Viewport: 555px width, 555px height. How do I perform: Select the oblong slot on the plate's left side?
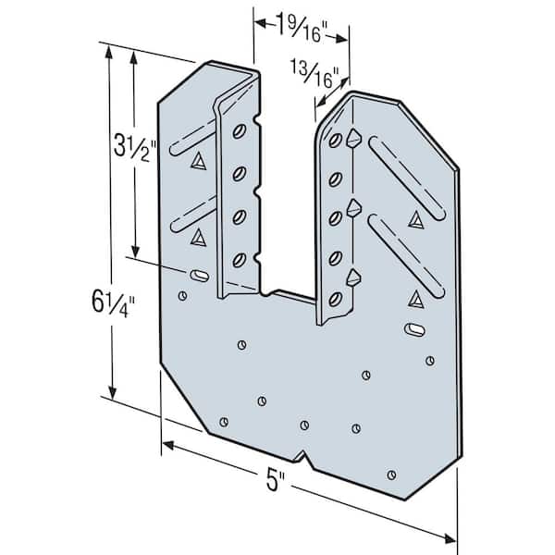point(199,275)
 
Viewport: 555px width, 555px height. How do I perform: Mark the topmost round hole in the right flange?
point(339,140)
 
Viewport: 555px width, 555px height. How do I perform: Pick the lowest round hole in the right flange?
point(338,298)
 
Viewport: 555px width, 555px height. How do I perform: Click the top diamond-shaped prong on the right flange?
point(352,139)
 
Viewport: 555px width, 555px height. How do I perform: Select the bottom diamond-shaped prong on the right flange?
point(352,276)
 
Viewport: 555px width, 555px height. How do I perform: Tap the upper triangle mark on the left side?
point(197,161)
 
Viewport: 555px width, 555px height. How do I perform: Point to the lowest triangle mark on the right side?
point(414,297)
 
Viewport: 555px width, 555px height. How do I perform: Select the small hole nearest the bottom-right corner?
point(393,475)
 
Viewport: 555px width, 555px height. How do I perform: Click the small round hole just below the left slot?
point(182,296)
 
